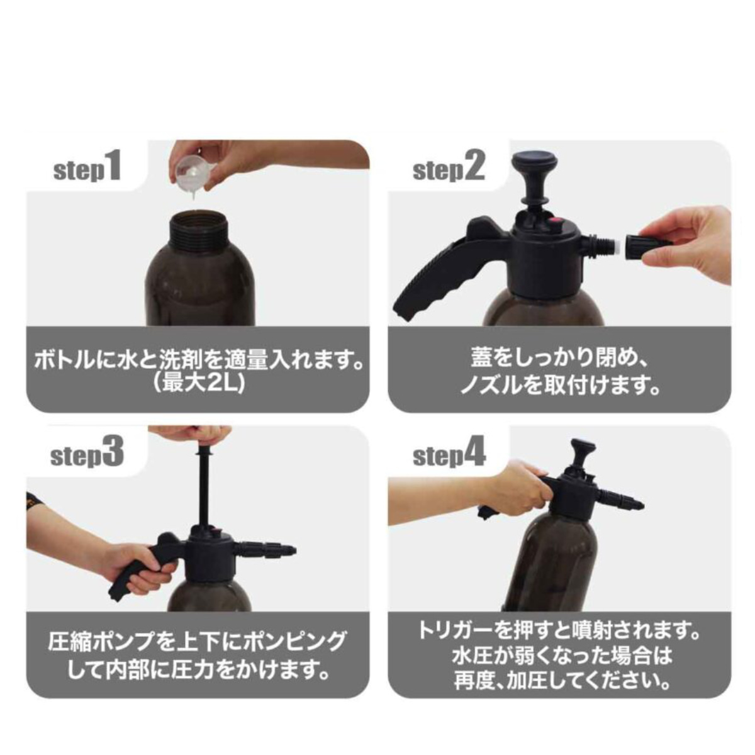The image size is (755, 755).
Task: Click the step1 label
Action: pyautogui.click(x=87, y=169)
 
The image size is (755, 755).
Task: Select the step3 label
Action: pyautogui.click(x=87, y=453)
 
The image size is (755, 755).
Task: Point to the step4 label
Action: pyautogui.click(x=449, y=454)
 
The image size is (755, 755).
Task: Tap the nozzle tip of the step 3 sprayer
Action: pyautogui.click(x=290, y=550)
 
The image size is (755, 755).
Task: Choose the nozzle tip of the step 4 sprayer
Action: pyautogui.click(x=638, y=505)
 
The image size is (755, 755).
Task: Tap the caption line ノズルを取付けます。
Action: pyautogui.click(x=559, y=386)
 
